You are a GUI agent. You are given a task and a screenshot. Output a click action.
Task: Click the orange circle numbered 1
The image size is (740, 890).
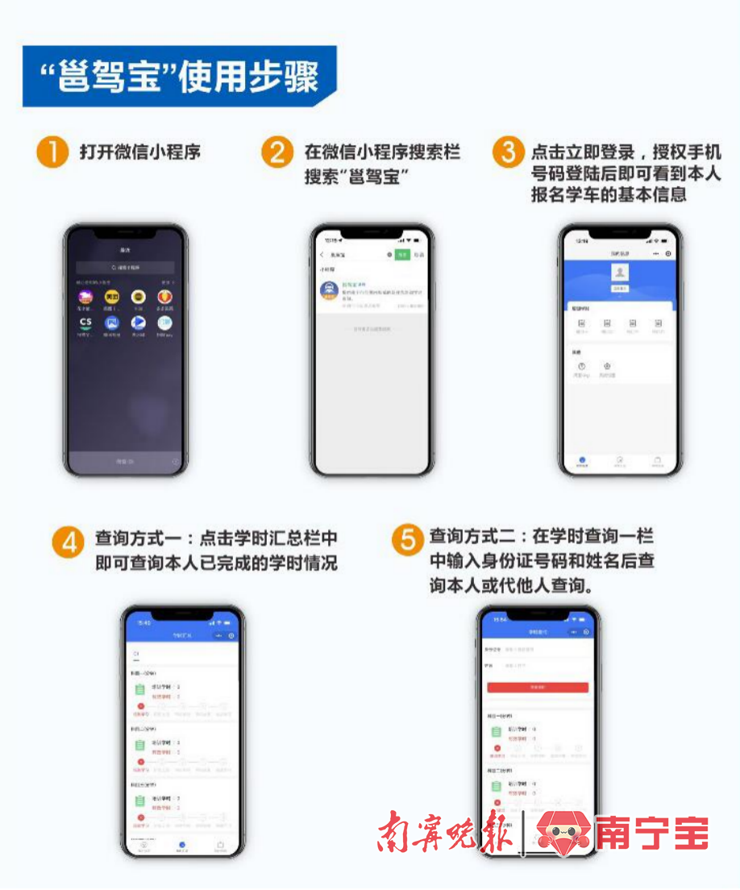[x=52, y=152]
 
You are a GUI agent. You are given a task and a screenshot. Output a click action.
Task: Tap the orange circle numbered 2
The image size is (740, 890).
[x=277, y=152]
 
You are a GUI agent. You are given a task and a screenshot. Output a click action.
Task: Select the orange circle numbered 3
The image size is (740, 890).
[x=509, y=152]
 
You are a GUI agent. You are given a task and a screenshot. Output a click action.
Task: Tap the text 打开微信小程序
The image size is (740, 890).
[x=139, y=152]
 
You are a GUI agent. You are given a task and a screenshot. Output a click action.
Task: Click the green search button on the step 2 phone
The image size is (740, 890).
[x=401, y=255]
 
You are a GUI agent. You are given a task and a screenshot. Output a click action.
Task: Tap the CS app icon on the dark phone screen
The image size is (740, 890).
[x=85, y=322]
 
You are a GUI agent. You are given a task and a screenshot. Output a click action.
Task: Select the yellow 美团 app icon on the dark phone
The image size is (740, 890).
[x=112, y=297]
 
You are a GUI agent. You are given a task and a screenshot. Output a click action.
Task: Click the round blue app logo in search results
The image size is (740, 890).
[x=329, y=290]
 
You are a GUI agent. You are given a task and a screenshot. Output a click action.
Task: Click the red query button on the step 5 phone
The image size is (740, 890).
[x=538, y=687]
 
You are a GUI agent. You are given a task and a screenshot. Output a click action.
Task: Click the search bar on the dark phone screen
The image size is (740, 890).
[x=125, y=267]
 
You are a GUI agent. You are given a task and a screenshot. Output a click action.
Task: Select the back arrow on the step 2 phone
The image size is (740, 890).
[x=322, y=255]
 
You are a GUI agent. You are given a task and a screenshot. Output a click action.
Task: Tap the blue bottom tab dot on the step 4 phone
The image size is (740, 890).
[x=182, y=845]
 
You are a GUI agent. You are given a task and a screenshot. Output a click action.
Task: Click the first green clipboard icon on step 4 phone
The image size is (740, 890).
[x=139, y=690]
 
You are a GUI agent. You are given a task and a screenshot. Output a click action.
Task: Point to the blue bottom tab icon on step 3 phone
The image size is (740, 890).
[x=583, y=460]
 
